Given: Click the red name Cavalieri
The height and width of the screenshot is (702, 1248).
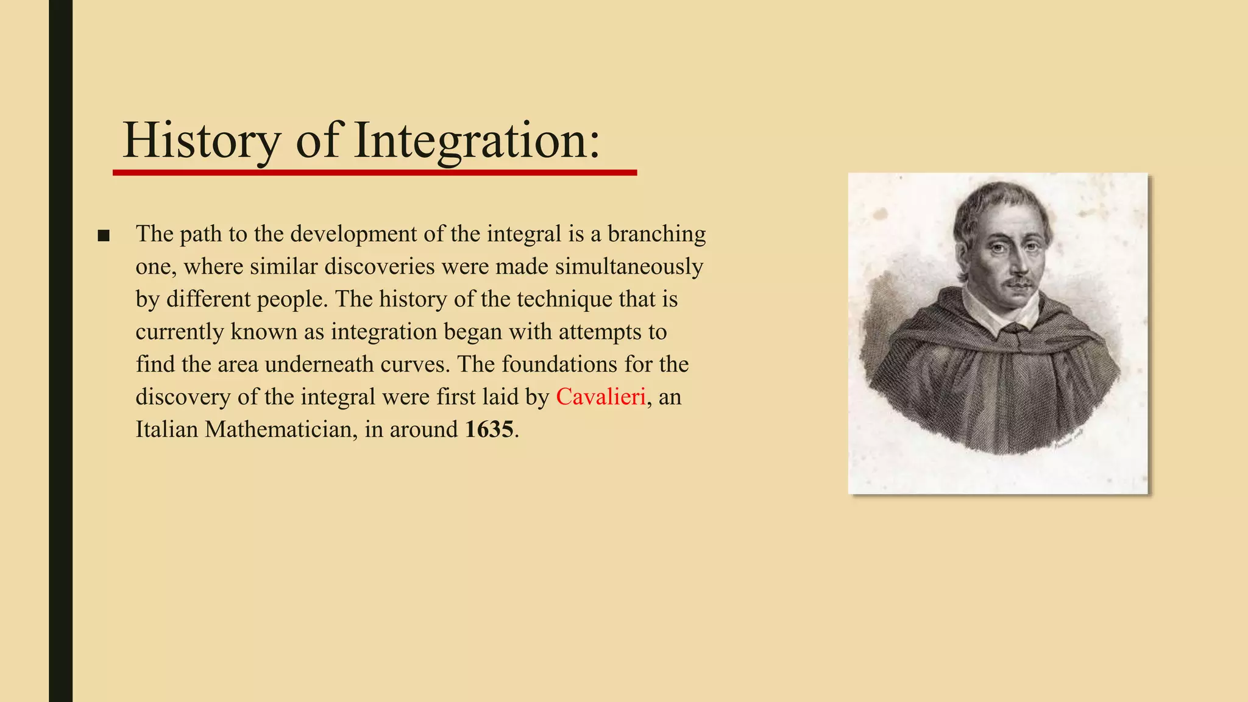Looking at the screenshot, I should click(x=601, y=397).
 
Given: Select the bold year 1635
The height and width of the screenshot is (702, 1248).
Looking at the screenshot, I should click(x=489, y=430).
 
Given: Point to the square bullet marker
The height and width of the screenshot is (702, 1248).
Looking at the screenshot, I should click(x=104, y=236).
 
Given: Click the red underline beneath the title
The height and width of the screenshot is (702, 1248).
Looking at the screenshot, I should click(x=375, y=173).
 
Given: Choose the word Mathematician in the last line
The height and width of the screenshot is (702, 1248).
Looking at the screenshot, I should click(x=278, y=430).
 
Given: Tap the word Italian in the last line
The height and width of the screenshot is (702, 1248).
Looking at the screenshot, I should click(x=166, y=430).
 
